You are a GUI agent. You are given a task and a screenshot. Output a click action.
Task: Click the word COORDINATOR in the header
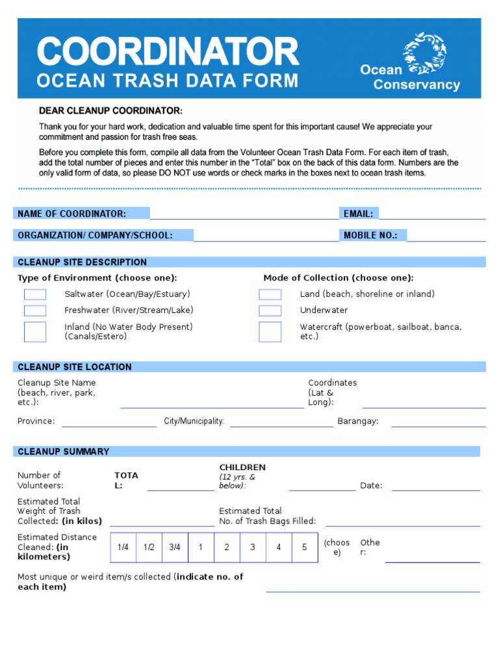(x=168, y=52)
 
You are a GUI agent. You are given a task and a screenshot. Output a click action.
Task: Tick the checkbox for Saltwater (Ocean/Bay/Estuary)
(x=35, y=294)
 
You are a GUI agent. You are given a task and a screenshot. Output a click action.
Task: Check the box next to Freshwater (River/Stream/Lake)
(x=35, y=310)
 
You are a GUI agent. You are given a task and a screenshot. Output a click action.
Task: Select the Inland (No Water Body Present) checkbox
(x=35, y=331)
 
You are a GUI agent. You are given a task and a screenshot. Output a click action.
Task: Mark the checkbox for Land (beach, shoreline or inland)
(x=270, y=294)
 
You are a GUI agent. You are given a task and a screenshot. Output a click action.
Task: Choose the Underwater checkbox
(x=270, y=310)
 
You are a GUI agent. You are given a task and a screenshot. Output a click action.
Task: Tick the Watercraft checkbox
(x=270, y=331)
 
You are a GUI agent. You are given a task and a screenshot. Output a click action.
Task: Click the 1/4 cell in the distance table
(x=123, y=547)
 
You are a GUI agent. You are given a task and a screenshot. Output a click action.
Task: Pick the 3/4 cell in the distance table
(x=175, y=547)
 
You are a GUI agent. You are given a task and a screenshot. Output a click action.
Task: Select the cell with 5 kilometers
(x=304, y=547)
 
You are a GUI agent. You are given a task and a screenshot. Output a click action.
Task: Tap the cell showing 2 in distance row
(x=227, y=547)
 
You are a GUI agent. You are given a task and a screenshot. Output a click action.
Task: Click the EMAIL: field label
(x=358, y=214)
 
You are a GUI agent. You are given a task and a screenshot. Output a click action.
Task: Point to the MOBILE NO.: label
(x=370, y=235)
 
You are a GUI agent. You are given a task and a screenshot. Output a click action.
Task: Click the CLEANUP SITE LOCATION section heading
(x=75, y=367)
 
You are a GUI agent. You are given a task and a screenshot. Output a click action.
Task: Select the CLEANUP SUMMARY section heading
(x=64, y=451)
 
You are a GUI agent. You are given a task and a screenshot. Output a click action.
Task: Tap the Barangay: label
(x=357, y=421)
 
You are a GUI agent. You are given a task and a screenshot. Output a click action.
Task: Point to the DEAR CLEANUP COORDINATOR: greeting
(x=110, y=111)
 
